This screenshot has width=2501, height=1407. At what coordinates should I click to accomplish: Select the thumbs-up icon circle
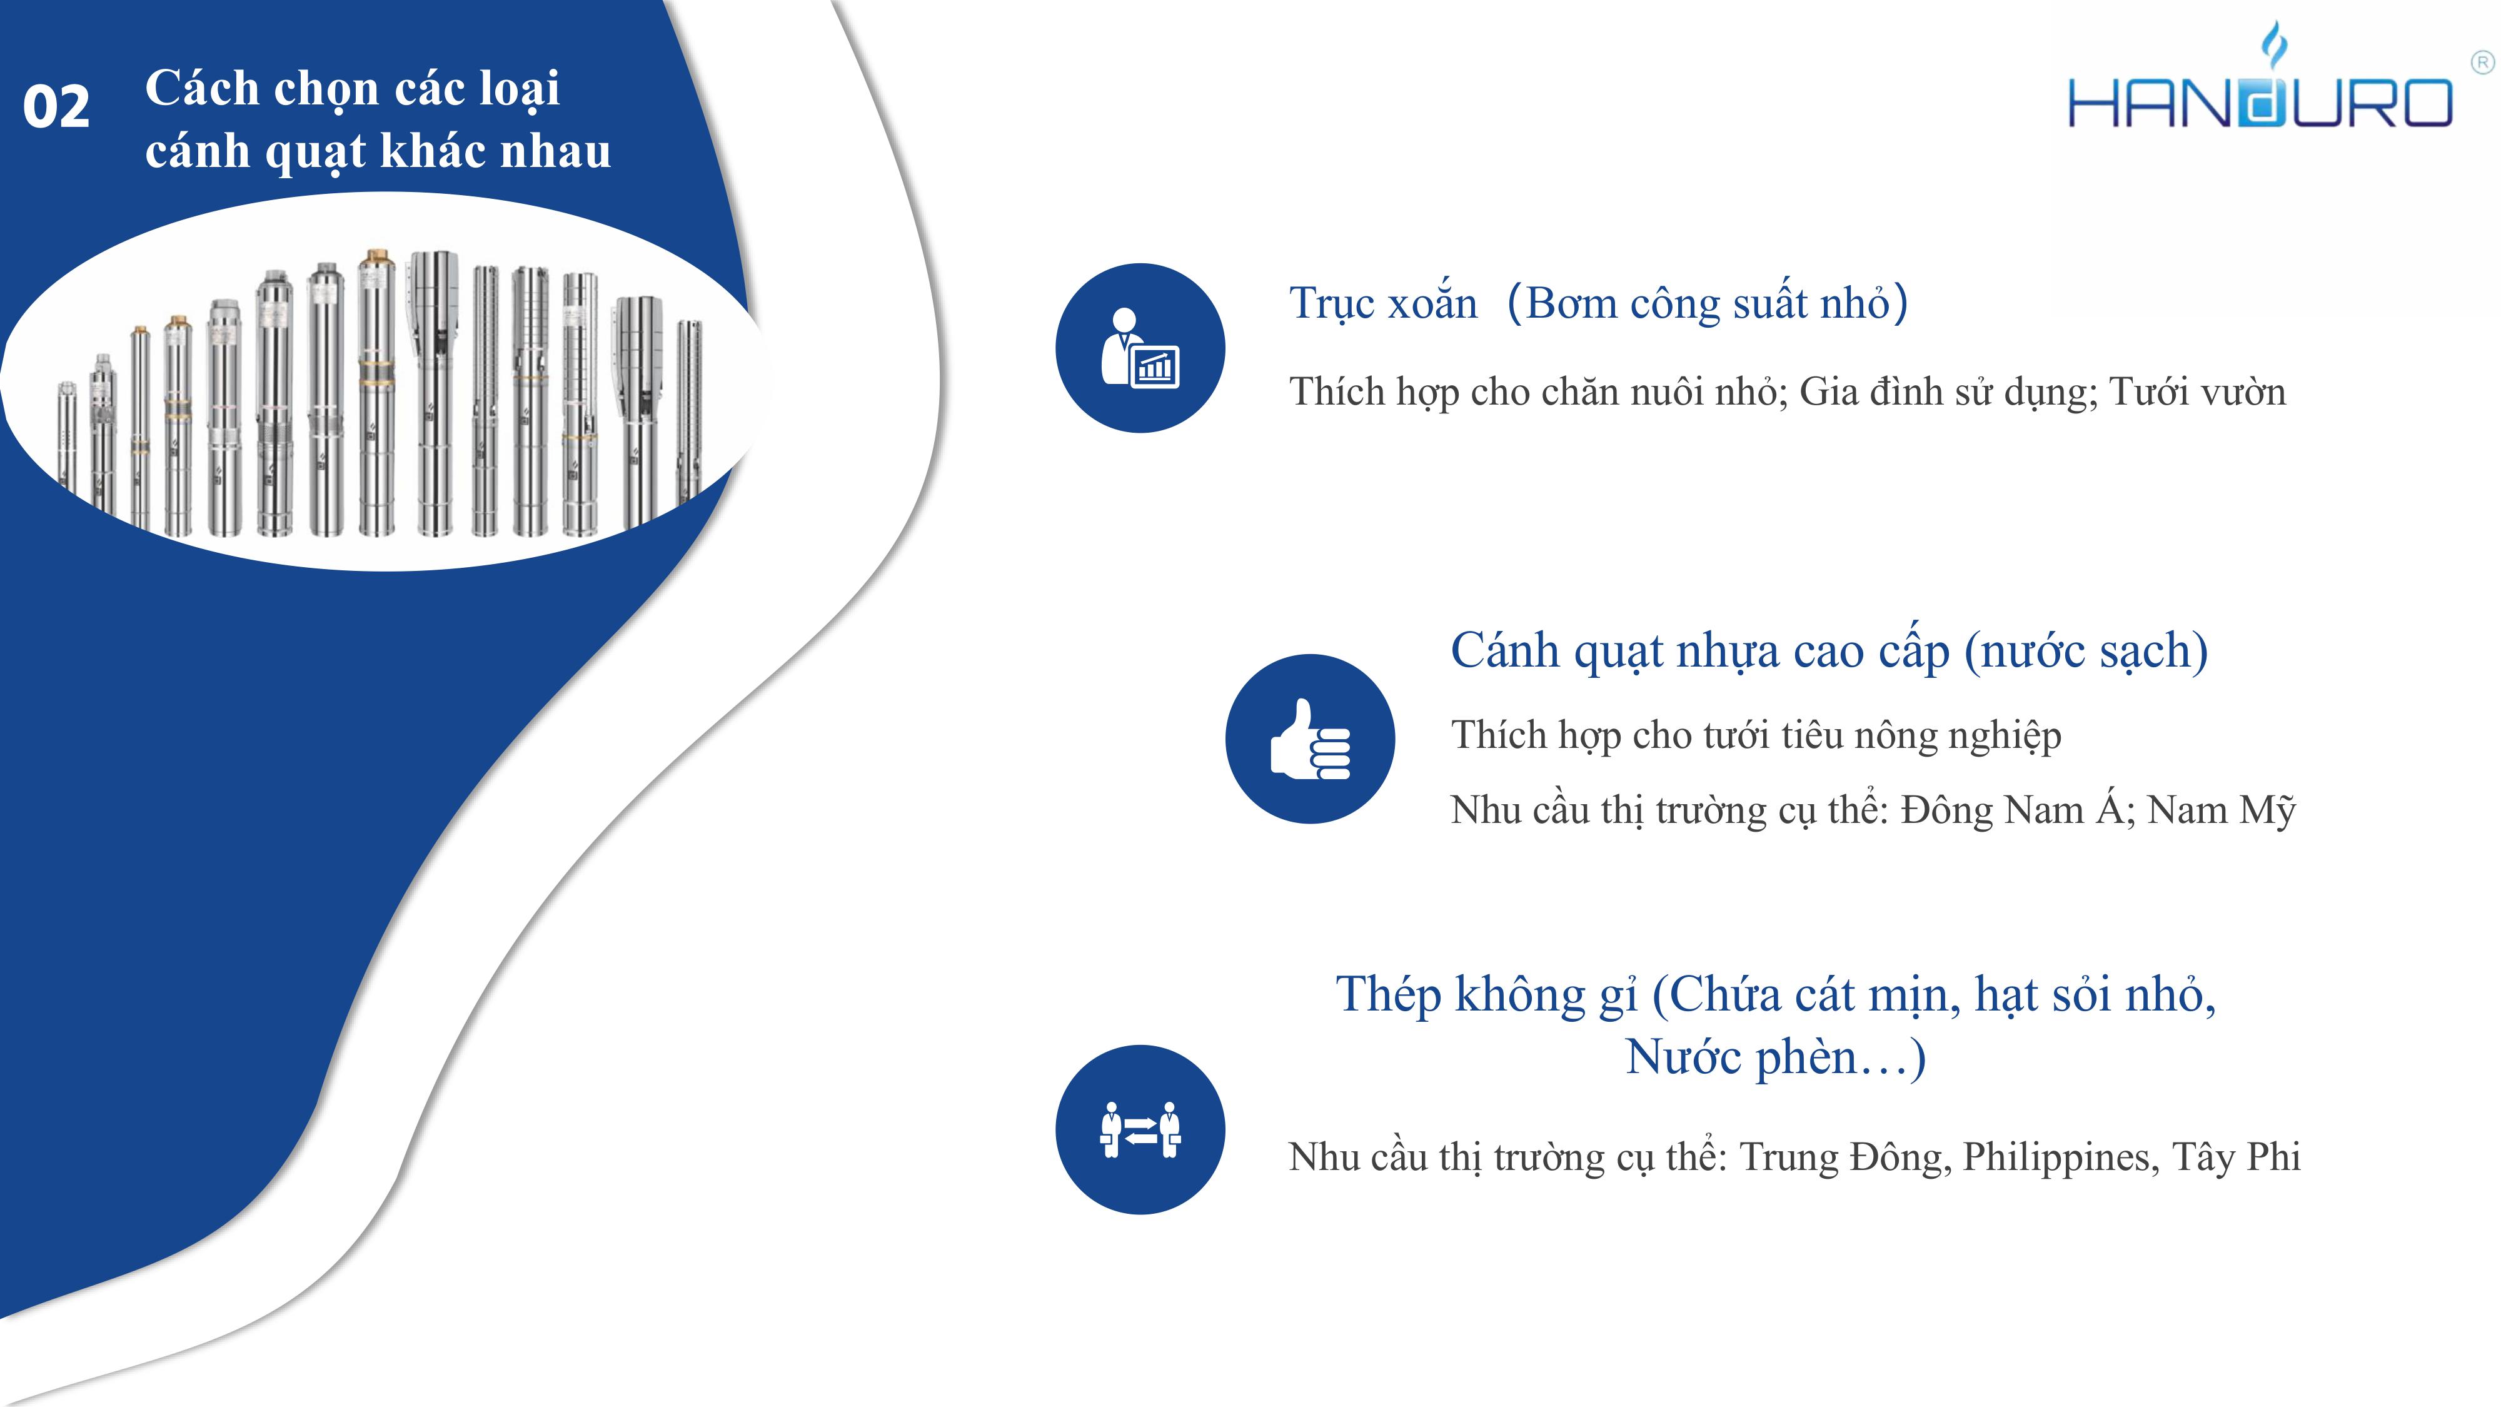[x=1310, y=739]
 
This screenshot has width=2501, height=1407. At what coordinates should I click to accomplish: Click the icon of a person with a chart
[x=1140, y=348]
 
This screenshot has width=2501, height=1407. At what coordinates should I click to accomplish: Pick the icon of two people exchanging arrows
[x=1140, y=1129]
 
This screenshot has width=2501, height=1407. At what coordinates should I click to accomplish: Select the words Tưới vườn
[x=2198, y=391]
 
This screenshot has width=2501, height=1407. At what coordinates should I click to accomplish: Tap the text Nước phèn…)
[x=1776, y=1057]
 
